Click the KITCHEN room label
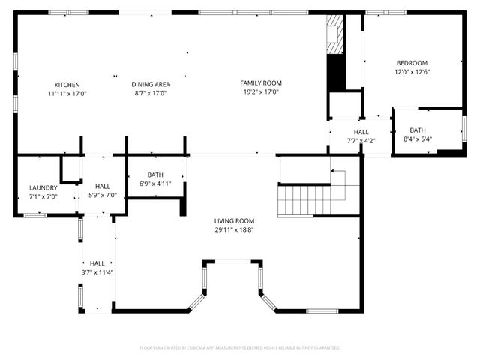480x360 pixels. [x=67, y=85]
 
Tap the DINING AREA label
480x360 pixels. [x=150, y=85]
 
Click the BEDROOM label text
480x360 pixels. [x=412, y=62]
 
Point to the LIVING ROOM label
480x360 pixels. [x=234, y=221]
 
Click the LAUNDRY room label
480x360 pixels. [x=43, y=187]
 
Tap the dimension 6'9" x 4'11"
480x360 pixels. [x=155, y=184]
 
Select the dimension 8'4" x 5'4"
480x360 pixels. [x=417, y=139]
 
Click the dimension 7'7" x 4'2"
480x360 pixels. [x=361, y=141]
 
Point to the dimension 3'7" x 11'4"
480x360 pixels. [x=97, y=272]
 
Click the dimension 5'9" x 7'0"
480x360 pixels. [x=103, y=196]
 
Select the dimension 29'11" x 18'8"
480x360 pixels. [x=234, y=230]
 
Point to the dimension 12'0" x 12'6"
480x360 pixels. [x=412, y=72]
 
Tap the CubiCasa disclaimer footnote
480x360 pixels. [x=240, y=347]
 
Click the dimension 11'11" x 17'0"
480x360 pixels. [x=67, y=94]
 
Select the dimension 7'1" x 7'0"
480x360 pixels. [x=43, y=196]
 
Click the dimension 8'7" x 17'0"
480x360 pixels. [x=150, y=94]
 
